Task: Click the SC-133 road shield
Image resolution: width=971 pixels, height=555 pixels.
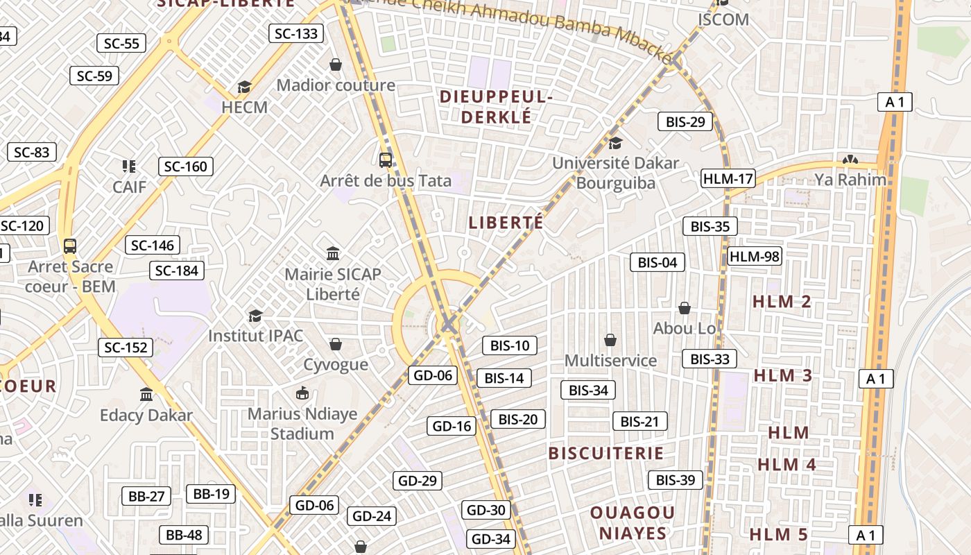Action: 296,33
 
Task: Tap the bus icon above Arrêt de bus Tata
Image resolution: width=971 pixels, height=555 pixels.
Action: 386,160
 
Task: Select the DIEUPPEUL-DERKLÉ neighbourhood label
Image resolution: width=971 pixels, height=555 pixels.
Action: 496,107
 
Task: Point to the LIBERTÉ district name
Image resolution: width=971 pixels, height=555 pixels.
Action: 506,223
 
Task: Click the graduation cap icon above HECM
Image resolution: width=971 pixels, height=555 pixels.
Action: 244,87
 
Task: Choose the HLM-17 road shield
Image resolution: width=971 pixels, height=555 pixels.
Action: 728,178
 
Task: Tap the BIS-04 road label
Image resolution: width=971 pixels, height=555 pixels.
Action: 657,262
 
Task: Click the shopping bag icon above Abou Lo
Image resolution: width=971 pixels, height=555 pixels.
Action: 685,308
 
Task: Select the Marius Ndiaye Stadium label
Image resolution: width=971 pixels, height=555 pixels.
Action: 302,424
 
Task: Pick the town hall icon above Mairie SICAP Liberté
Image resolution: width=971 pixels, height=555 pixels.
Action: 333,253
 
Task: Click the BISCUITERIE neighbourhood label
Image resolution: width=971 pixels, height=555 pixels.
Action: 606,453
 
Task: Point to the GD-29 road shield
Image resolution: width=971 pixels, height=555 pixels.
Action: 418,480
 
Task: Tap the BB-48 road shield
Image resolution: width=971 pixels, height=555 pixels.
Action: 184,535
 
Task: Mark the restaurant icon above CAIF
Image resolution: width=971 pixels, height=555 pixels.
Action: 128,166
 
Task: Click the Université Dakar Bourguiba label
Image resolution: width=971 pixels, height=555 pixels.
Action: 616,173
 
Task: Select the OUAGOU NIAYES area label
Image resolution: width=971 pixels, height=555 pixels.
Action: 632,522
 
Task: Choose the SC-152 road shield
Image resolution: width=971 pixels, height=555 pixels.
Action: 126,348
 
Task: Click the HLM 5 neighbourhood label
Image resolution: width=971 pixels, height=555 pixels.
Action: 779,534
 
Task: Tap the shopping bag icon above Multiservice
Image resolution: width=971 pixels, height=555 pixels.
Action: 610,340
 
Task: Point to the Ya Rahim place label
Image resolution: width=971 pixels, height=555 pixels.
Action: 850,180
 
